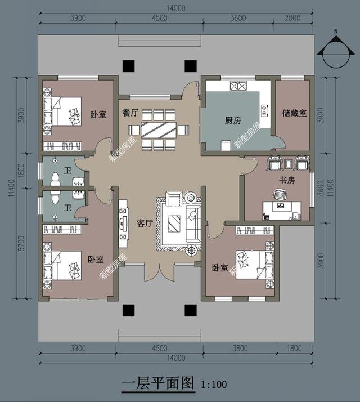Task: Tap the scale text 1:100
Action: click(x=214, y=385)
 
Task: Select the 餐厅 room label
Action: click(x=130, y=112)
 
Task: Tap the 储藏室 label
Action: click(x=294, y=113)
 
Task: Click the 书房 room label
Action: click(x=287, y=180)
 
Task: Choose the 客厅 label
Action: click(x=145, y=223)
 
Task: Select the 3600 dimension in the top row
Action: click(x=238, y=18)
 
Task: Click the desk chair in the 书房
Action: click(x=280, y=195)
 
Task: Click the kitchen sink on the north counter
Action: click(x=238, y=86)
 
